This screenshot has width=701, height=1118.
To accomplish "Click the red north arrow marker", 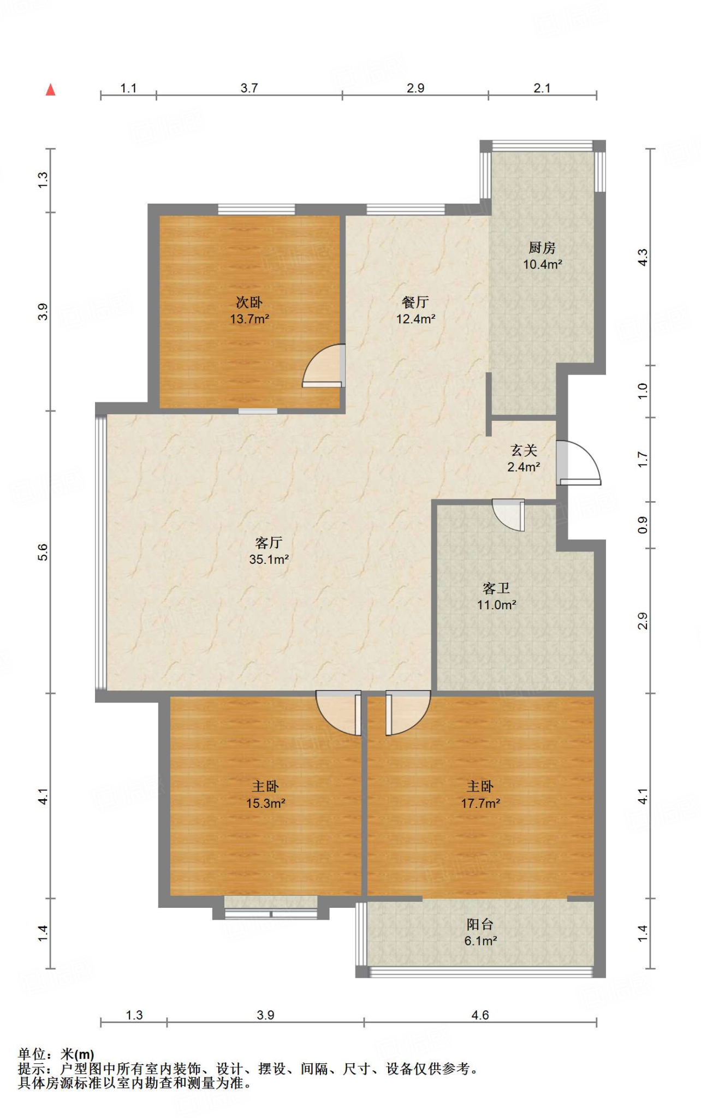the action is tap(51, 90).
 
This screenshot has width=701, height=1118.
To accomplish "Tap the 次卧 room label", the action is tap(249, 302).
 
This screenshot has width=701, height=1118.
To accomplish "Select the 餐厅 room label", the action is tap(415, 302).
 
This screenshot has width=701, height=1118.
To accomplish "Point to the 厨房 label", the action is tap(542, 248).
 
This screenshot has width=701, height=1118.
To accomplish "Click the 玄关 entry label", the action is tap(524, 450).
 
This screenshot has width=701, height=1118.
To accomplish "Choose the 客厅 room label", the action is tap(269, 543).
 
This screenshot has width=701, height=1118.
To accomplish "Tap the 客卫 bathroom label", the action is tap(496, 588).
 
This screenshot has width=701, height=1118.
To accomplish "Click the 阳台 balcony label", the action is tap(480, 924).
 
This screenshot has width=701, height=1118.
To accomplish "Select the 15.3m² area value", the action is tap(266, 804).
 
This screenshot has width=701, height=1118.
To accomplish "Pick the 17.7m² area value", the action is tap(480, 804).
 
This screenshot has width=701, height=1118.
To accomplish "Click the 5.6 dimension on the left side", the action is tap(43, 552).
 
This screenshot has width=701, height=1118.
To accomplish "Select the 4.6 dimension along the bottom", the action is tap(480, 1015).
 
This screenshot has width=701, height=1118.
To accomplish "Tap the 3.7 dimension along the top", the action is tap(249, 88).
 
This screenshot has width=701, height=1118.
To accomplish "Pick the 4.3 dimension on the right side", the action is tap(643, 257).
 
